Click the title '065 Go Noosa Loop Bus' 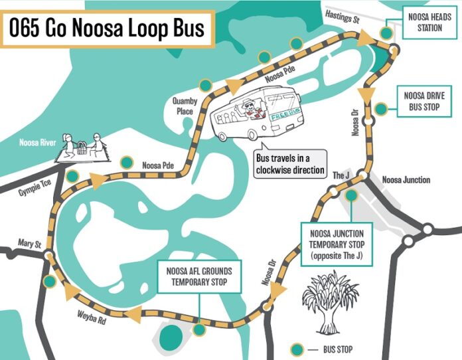[107, 30]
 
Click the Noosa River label [39, 141]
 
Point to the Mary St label [20, 243]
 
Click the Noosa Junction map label [406, 180]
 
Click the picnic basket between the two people [81, 149]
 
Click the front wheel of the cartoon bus [254, 135]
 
